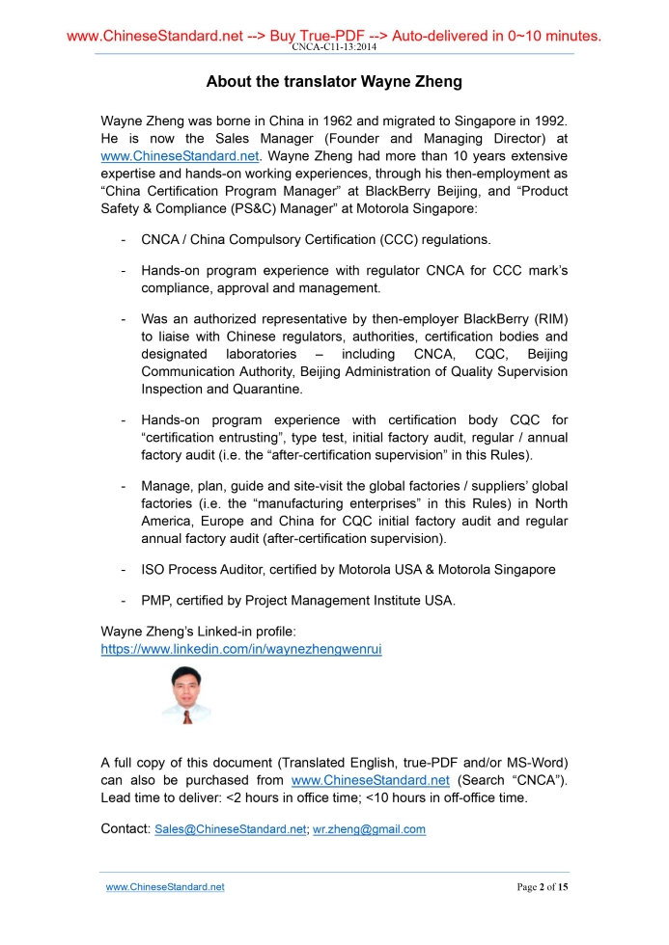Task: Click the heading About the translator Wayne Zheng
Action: coord(334,82)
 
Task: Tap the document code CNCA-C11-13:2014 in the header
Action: coord(334,47)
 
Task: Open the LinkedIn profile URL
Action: coord(241,649)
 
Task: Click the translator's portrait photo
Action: coord(185,696)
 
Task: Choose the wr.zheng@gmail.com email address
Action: coord(370,829)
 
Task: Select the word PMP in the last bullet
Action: coord(155,601)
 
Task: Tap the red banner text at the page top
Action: coord(334,37)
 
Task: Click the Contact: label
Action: coord(125,829)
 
